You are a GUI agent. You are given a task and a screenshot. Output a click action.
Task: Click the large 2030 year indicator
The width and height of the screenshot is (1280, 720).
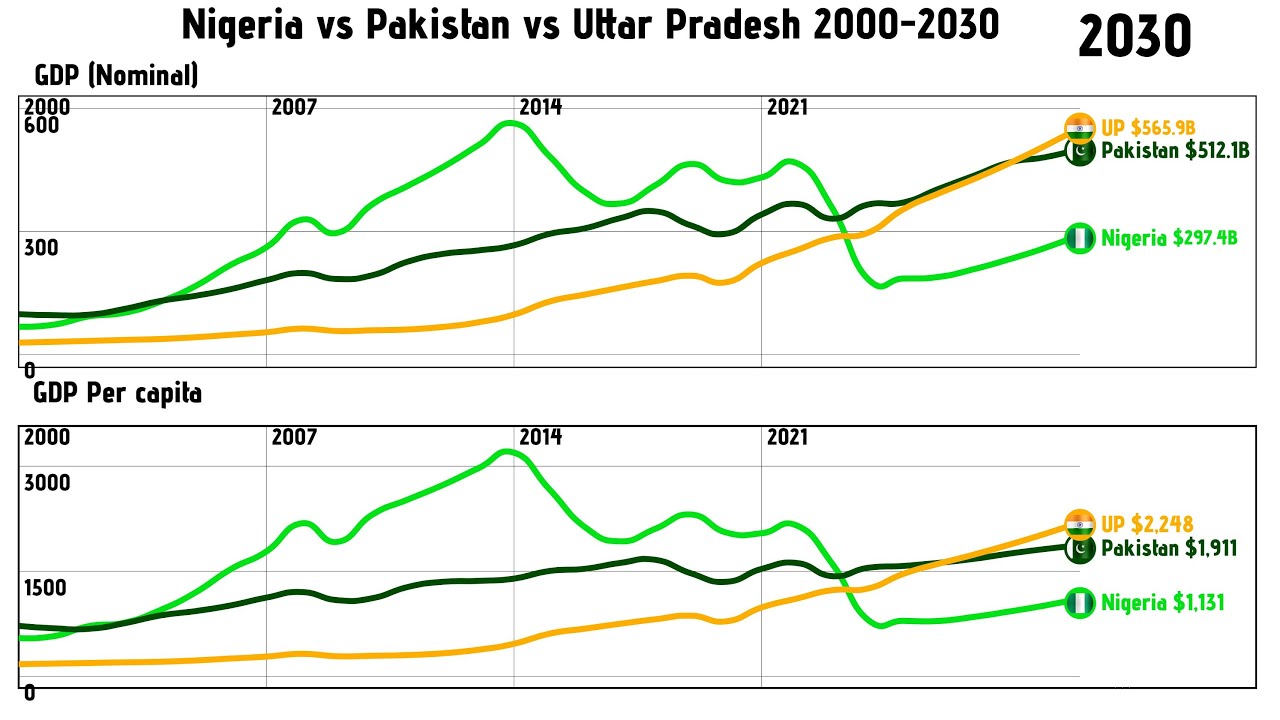(1134, 37)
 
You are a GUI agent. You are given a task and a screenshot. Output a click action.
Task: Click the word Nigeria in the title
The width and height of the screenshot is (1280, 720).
(242, 25)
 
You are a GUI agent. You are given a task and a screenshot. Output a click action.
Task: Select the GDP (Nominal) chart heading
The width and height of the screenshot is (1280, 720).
(116, 75)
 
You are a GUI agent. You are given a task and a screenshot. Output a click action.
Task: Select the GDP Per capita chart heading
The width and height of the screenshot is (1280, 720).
(118, 393)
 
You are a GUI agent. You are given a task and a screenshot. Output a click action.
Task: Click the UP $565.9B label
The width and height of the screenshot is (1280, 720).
(1148, 128)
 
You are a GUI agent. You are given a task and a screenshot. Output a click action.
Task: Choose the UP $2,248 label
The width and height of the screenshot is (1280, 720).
(1147, 524)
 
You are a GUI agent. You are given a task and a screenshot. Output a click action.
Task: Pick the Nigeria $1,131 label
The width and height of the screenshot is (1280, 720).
(1162, 603)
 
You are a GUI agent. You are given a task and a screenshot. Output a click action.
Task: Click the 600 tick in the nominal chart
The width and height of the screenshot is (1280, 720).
(42, 126)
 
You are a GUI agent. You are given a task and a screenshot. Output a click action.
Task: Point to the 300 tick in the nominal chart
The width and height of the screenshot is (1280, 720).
(42, 247)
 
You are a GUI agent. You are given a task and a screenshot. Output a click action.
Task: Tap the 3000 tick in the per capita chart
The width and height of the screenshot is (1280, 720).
(47, 483)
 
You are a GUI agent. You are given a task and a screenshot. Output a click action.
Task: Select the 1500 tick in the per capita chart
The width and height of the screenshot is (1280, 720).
(46, 587)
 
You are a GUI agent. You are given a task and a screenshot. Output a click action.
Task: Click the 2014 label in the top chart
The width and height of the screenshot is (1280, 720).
(540, 107)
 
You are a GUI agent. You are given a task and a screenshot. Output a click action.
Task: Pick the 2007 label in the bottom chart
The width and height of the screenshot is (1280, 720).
(294, 437)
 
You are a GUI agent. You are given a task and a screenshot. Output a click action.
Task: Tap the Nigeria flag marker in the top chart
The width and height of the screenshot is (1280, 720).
(1080, 238)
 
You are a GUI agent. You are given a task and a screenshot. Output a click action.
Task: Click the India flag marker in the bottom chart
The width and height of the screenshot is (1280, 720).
(1080, 523)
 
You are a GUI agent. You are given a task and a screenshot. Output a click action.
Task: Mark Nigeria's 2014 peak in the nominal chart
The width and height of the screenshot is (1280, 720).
(510, 123)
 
